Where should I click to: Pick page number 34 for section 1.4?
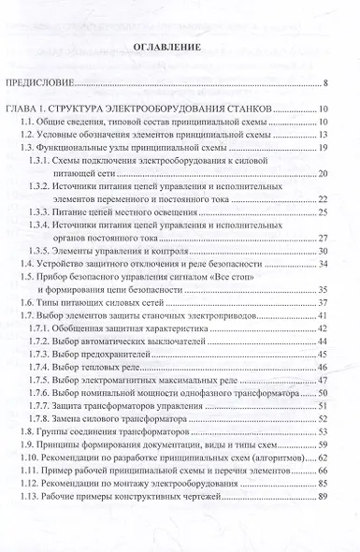click(x=322, y=264)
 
